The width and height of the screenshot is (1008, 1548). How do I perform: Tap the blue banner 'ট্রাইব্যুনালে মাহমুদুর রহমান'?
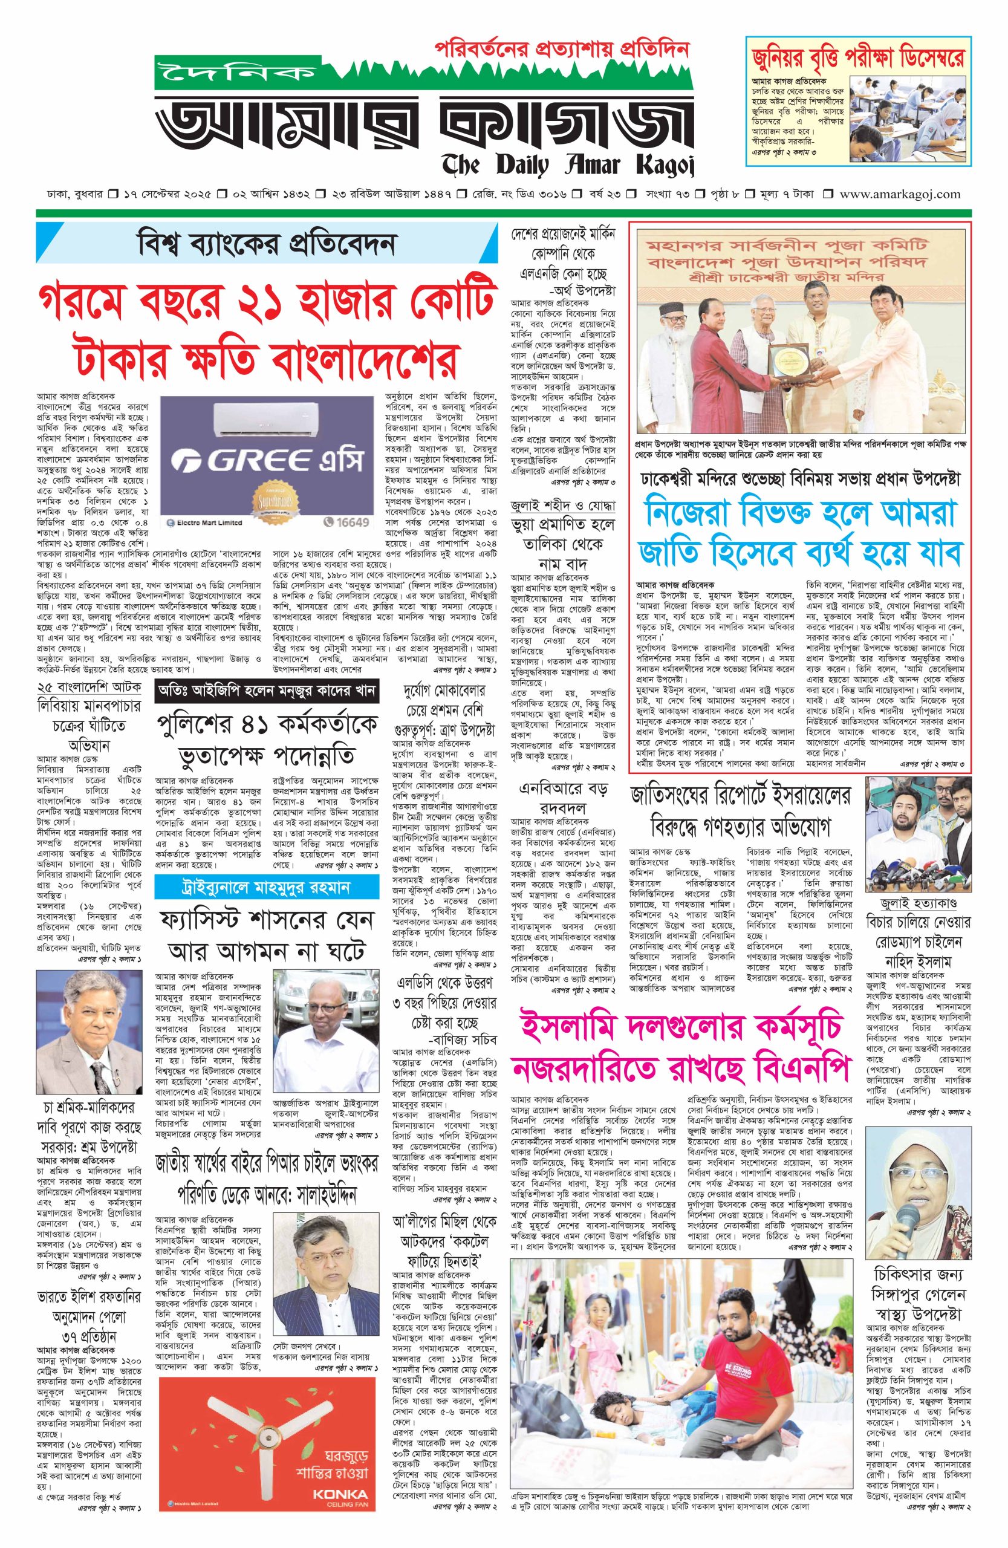[x=266, y=887]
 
